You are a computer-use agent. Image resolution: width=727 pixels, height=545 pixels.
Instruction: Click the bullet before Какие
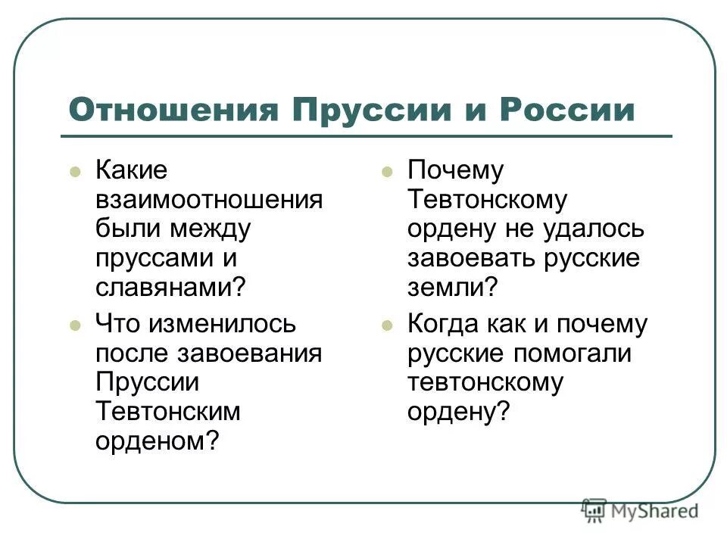click(74, 172)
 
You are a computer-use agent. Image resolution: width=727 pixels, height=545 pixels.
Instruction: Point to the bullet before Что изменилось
click(74, 326)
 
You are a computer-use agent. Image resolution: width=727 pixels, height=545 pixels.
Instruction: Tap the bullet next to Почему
click(387, 172)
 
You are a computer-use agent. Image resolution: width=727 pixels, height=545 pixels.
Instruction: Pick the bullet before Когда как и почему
click(387, 326)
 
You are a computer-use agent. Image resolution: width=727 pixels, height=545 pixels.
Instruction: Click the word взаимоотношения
click(208, 200)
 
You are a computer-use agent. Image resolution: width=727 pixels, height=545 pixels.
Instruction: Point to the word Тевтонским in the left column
click(167, 412)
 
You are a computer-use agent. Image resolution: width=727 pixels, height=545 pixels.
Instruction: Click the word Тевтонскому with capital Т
click(487, 200)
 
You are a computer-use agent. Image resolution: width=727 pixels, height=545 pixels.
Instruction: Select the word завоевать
click(472, 258)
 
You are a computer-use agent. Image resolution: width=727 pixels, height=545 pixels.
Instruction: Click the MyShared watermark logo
click(640, 510)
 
